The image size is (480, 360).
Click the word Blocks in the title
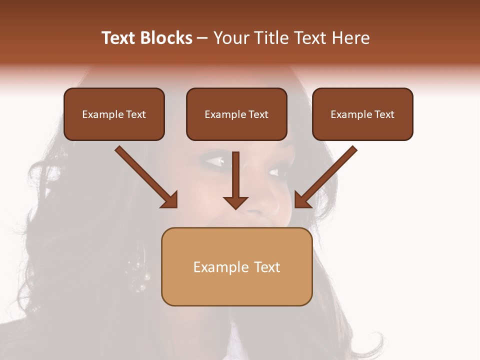pyautogui.click(x=167, y=38)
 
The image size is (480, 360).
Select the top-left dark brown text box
pyautogui.click(x=114, y=114)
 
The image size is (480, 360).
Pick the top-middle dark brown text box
pyautogui.click(x=236, y=114)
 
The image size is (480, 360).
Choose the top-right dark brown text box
pyautogui.click(x=362, y=114)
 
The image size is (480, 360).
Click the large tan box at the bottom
pyautogui.click(x=236, y=267)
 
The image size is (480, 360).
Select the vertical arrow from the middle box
pyautogui.click(x=235, y=177)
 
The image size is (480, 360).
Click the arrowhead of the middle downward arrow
pyautogui.click(x=235, y=201)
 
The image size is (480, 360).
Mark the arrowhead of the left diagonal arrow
pyautogui.click(x=170, y=200)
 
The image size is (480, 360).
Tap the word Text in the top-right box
pyautogui.click(x=384, y=114)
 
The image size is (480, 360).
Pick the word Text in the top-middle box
pyautogui.click(x=258, y=114)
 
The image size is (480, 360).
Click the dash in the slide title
pyautogui.click(x=202, y=38)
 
